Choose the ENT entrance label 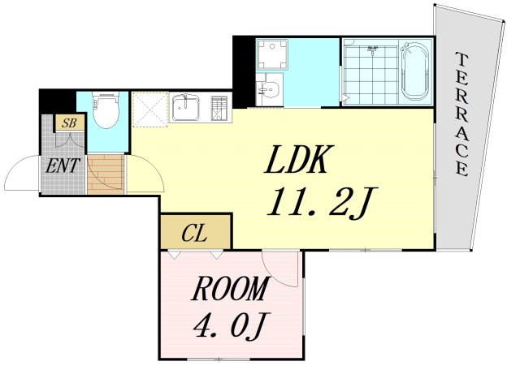point(61,167)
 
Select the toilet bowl point(105,112)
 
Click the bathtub point(416,71)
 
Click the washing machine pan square point(269,54)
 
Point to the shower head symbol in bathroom point(373,49)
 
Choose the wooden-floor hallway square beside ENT point(105,174)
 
